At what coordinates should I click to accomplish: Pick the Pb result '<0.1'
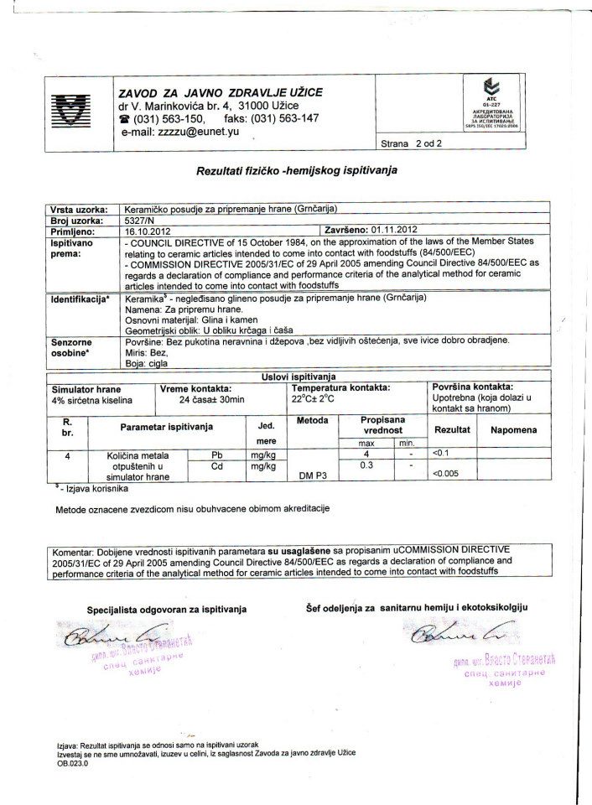click(440, 454)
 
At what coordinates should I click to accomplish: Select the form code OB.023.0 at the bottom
click(72, 764)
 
